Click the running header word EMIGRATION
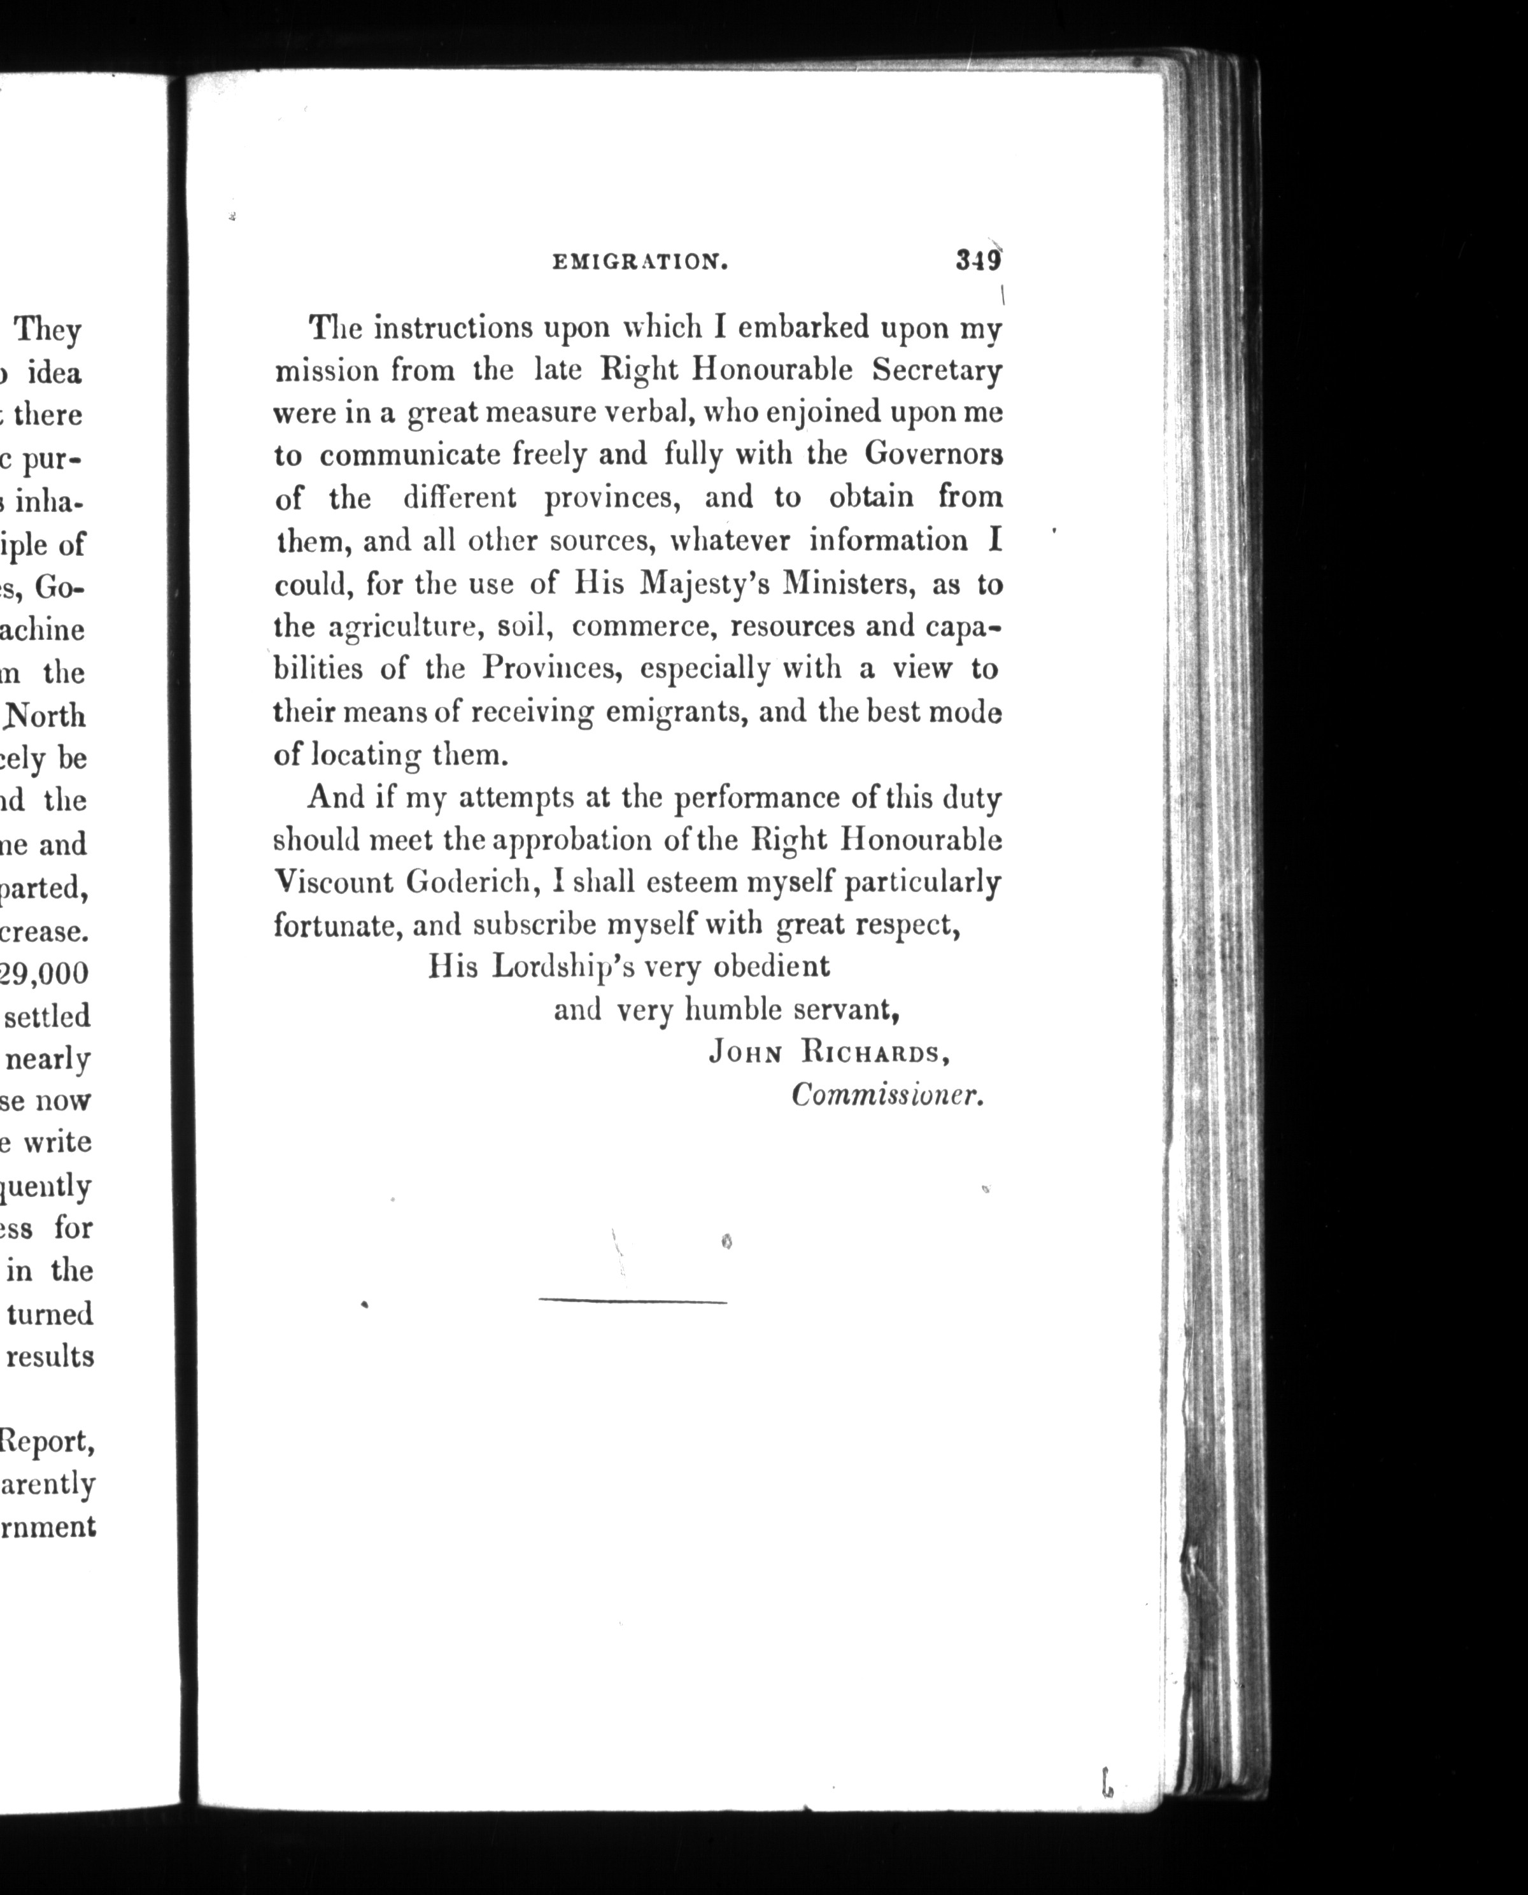(639, 262)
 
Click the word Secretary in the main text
(937, 371)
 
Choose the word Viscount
(333, 882)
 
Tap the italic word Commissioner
(886, 1096)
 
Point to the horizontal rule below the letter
(632, 1302)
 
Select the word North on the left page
(46, 716)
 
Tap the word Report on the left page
(46, 1442)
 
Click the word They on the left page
(48, 331)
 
